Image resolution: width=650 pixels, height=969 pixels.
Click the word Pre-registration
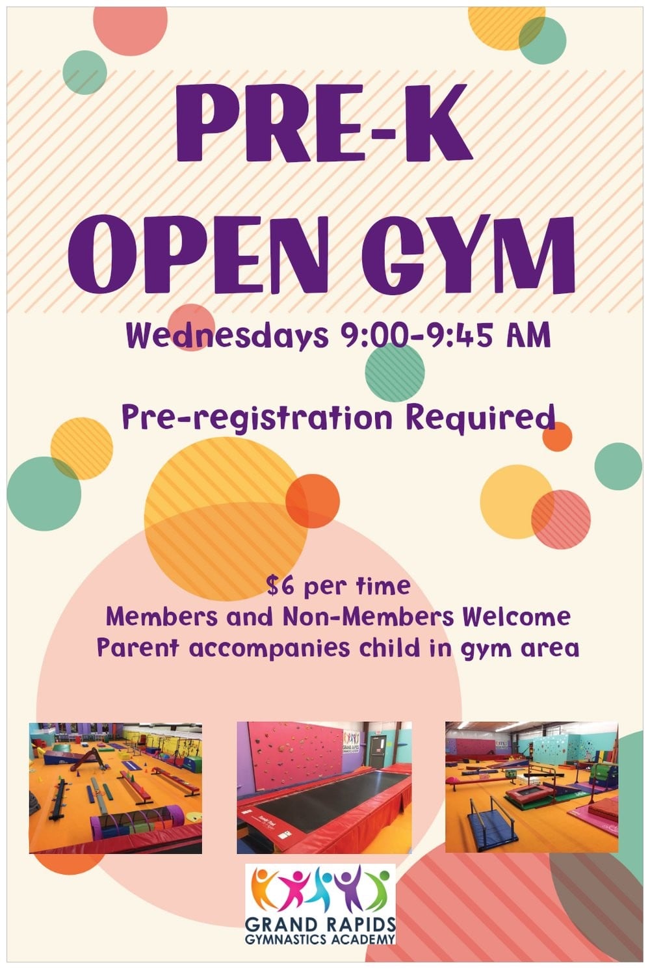257,417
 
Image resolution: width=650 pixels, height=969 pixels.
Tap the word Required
480,417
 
